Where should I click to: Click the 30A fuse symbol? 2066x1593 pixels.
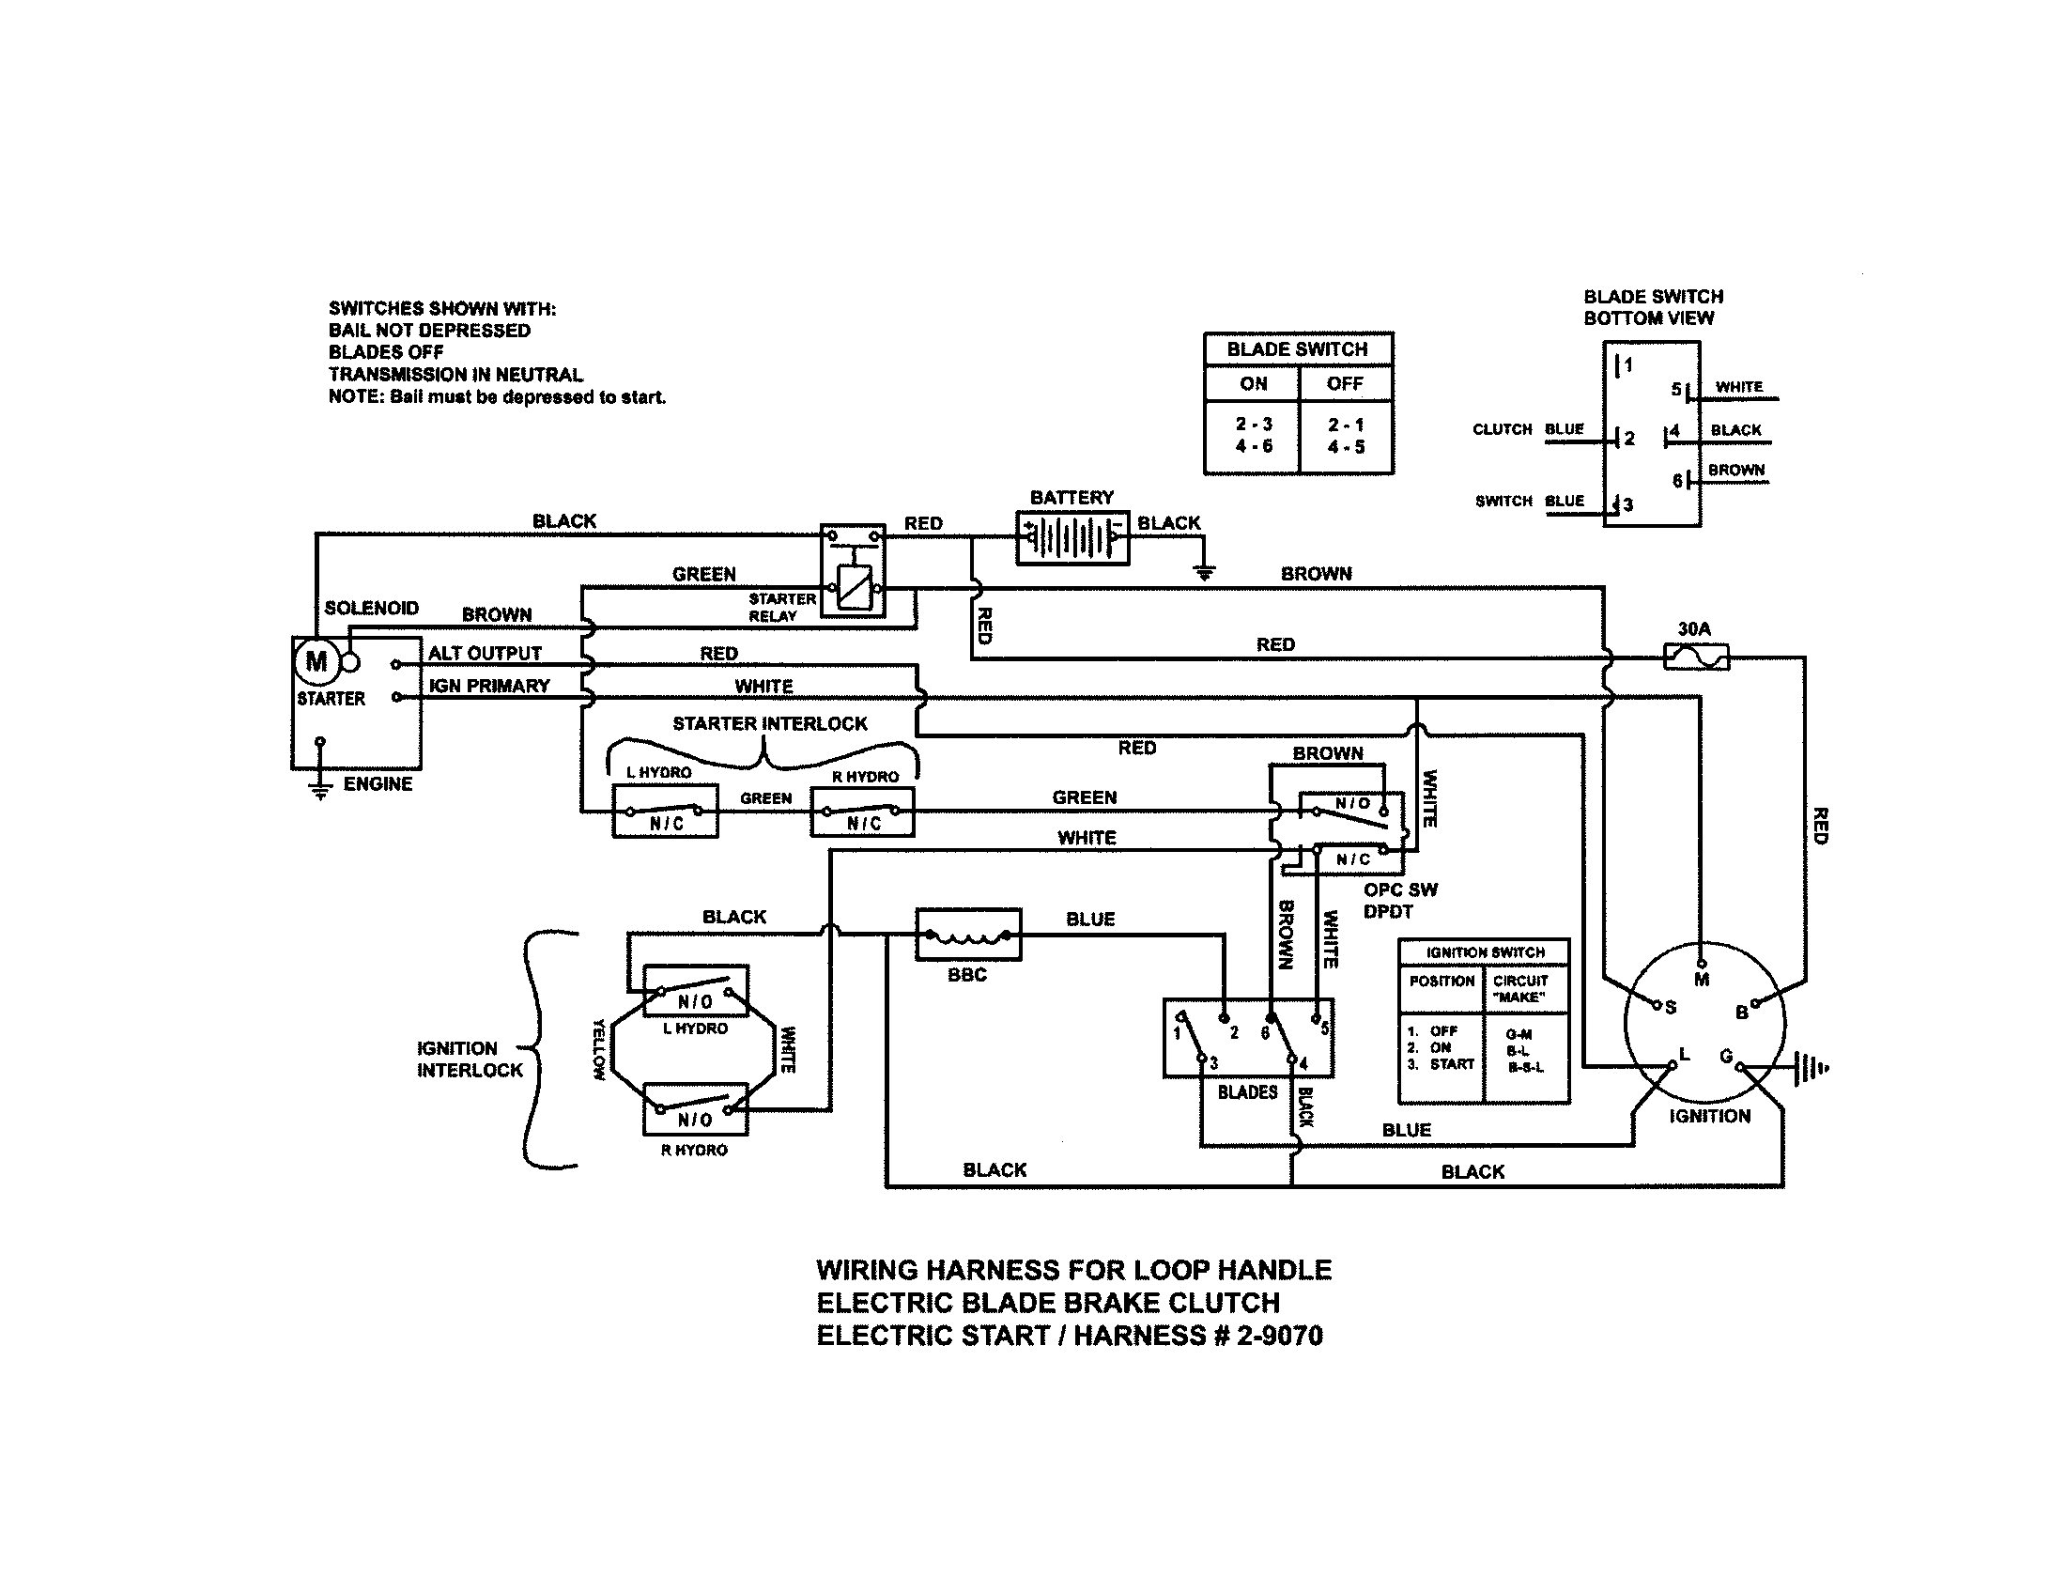tap(1695, 656)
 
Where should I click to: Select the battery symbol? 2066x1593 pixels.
tap(1072, 537)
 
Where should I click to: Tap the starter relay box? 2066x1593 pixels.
tap(853, 570)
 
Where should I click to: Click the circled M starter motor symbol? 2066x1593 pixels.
tap(316, 661)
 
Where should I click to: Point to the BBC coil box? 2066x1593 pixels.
tap(967, 935)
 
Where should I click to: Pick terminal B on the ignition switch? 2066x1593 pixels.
tap(1755, 1004)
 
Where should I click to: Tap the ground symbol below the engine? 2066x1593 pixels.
tap(320, 788)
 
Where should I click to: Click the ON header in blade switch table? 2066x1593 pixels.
tap(1253, 384)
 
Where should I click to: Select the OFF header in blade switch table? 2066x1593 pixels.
tap(1344, 384)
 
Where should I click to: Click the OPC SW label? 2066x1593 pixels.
tap(1400, 889)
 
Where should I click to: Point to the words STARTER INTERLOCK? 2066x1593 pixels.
tap(769, 723)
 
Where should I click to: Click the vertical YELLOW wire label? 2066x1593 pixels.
tap(598, 1049)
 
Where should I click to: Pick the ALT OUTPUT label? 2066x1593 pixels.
tap(485, 653)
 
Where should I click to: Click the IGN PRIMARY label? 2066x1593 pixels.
tap(489, 686)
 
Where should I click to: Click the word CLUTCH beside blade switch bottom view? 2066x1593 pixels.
tap(1502, 429)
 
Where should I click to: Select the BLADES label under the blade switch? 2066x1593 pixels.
tap(1247, 1092)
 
